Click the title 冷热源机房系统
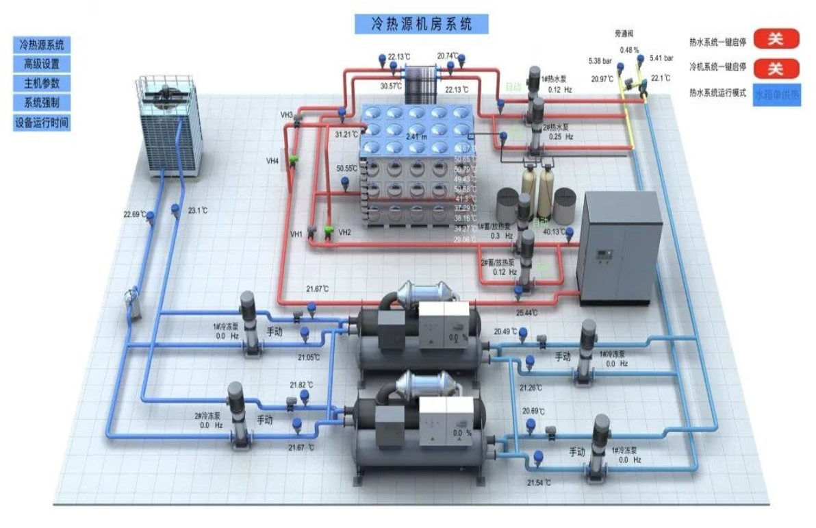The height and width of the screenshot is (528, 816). (422, 24)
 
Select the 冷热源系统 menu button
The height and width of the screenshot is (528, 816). (42, 45)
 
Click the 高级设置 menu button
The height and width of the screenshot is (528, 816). (42, 64)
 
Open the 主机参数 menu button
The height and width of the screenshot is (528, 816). (42, 84)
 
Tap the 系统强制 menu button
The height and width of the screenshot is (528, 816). (42, 103)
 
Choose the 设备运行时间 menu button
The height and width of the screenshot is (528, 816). (42, 123)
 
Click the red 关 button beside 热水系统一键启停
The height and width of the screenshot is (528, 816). (776, 39)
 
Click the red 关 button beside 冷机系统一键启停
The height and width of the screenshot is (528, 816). (776, 68)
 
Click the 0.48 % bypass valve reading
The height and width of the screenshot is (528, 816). (629, 50)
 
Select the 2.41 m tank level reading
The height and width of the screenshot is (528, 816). (416, 137)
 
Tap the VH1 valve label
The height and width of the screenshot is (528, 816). (296, 234)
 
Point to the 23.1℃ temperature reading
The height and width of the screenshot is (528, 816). (197, 211)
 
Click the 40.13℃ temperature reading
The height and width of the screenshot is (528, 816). (554, 231)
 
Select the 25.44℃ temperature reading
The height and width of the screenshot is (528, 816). (526, 312)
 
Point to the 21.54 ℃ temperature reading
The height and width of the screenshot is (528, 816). (539, 483)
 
